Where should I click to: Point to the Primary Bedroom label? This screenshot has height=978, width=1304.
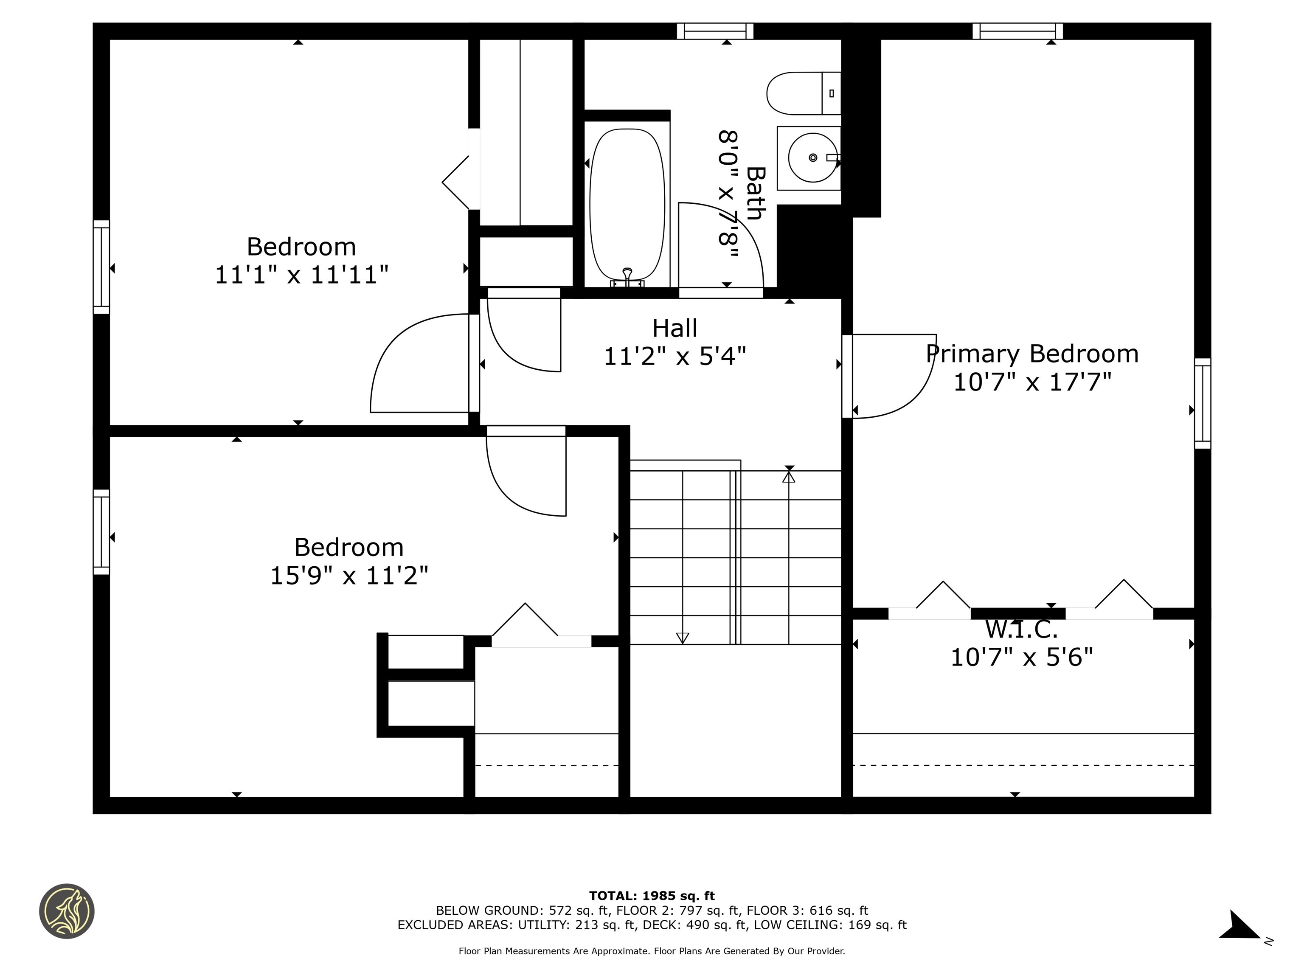click(x=1031, y=354)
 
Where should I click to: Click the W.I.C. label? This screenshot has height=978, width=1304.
click(x=1021, y=630)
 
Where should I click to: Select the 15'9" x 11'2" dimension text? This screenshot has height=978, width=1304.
click(x=349, y=575)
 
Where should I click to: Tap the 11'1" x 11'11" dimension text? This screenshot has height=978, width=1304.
click(x=301, y=275)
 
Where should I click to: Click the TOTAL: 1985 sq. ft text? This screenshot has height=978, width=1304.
click(x=652, y=896)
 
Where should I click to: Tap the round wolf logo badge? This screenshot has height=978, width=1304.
click(x=67, y=911)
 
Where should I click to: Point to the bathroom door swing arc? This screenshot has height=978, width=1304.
click(x=737, y=224)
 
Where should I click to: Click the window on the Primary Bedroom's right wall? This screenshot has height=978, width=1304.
click(x=1203, y=403)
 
